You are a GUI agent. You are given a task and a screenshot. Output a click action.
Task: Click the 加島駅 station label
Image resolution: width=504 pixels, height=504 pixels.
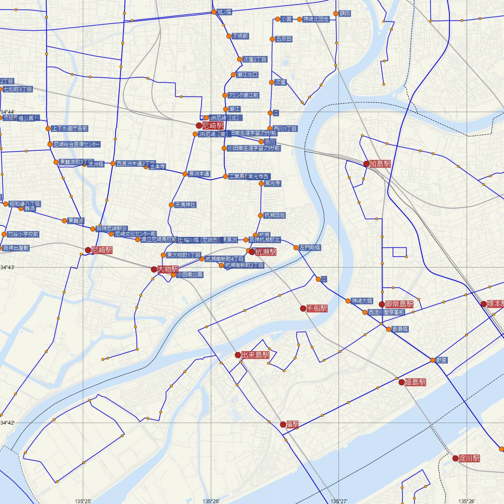point(380,164)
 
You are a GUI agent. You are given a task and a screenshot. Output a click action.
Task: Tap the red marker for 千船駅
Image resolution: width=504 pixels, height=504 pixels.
point(303,308)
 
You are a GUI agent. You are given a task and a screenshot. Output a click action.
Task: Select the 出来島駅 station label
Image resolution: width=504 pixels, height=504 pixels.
point(255,355)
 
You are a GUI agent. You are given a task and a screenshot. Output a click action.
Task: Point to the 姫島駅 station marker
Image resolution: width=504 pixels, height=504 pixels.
point(402,382)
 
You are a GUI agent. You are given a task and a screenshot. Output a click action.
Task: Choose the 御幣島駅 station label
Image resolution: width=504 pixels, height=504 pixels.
point(399,304)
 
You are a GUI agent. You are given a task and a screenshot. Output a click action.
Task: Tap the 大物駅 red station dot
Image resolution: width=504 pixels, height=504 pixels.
point(154,269)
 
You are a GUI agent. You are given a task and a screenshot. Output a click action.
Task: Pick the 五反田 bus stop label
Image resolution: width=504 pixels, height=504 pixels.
point(284,39)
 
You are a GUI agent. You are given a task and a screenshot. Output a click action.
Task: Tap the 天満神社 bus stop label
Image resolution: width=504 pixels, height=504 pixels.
point(185,205)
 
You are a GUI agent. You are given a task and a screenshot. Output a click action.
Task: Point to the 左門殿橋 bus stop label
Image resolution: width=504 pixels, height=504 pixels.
point(310,247)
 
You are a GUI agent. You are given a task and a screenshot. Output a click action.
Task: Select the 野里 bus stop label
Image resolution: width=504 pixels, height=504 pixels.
point(441,360)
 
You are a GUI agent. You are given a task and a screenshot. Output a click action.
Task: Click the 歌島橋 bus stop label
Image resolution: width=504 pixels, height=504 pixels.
point(400,329)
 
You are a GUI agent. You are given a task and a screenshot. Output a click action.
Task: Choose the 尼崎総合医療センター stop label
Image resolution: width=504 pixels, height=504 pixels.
point(77,144)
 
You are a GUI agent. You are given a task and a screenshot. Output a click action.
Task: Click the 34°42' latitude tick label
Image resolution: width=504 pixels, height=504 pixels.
point(7,423)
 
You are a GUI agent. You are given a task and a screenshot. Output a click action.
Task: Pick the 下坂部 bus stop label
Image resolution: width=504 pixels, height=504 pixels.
point(240,36)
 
